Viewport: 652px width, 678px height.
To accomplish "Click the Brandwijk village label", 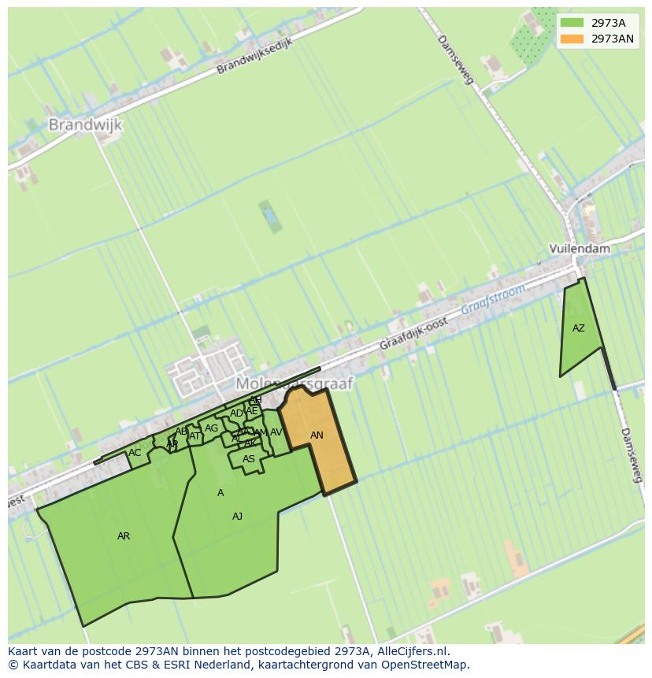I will pyautogui.click(x=85, y=124).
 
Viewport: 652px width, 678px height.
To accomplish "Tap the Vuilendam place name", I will pyautogui.click(x=580, y=248).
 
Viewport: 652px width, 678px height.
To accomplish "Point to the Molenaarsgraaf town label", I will pyautogui.click(x=295, y=383).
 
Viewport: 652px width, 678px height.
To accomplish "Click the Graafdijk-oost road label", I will pyautogui.click(x=413, y=334).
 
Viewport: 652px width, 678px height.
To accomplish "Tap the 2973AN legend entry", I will pyautogui.click(x=612, y=39).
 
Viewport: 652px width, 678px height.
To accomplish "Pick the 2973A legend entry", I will pyautogui.click(x=608, y=23).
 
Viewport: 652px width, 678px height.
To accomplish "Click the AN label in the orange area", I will pyautogui.click(x=317, y=435).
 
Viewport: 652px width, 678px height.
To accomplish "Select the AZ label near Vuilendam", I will pyautogui.click(x=579, y=328).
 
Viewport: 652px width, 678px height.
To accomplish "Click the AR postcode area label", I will pyautogui.click(x=124, y=536).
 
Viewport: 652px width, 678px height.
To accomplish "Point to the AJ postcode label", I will pyautogui.click(x=237, y=517).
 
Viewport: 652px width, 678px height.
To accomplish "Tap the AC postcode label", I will pyautogui.click(x=135, y=453).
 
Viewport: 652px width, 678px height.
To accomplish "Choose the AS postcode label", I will pyautogui.click(x=249, y=459).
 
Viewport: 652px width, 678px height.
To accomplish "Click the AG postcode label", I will pyautogui.click(x=211, y=428).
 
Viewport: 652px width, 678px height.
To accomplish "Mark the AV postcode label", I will pyautogui.click(x=276, y=432).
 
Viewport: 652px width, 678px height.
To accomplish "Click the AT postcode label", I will pyautogui.click(x=194, y=435).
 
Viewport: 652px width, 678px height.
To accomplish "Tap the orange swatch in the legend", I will pyautogui.click(x=572, y=39).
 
